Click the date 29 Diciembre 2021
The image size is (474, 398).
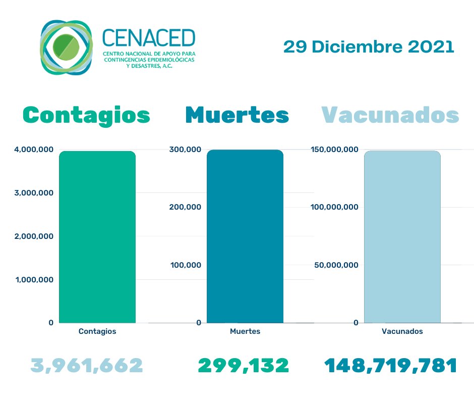pos(369,47)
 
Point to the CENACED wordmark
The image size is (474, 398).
pos(148,37)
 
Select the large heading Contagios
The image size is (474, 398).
pos(87,115)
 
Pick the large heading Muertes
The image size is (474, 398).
pos(237,115)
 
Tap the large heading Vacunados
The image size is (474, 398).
pos(390,115)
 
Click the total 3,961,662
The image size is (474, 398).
pos(87,365)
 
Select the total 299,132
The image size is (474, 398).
pos(243,365)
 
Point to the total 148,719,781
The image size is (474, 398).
pos(390,365)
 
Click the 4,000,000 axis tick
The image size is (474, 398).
pos(31,149)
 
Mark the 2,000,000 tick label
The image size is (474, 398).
pos(31,236)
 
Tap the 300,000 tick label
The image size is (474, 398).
pos(185,149)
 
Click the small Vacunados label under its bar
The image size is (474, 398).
pos(402,332)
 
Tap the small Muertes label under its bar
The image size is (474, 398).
pos(245,332)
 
